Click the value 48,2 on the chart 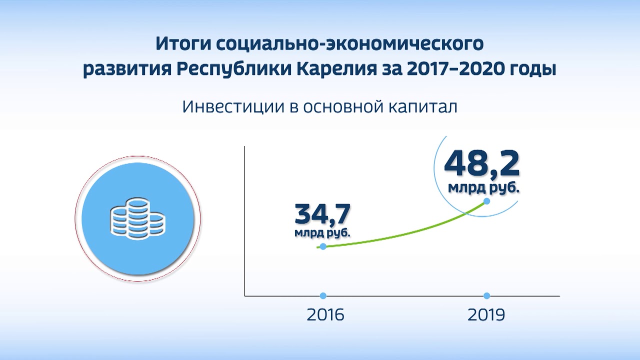pyautogui.click(x=481, y=163)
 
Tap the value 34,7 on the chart pyautogui.click(x=322, y=213)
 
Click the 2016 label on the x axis pyautogui.click(x=325, y=315)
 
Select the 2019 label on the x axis pyautogui.click(x=486, y=315)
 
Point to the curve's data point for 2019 pyautogui.click(x=486, y=201)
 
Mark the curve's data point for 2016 pyautogui.click(x=323, y=246)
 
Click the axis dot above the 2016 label pyautogui.click(x=323, y=295)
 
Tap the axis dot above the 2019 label pyautogui.click(x=486, y=295)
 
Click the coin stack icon pyautogui.click(x=137, y=218)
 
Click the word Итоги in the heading pyautogui.click(x=183, y=44)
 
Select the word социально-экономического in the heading pyautogui.click(x=350, y=44)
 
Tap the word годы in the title pyautogui.click(x=534, y=69)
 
